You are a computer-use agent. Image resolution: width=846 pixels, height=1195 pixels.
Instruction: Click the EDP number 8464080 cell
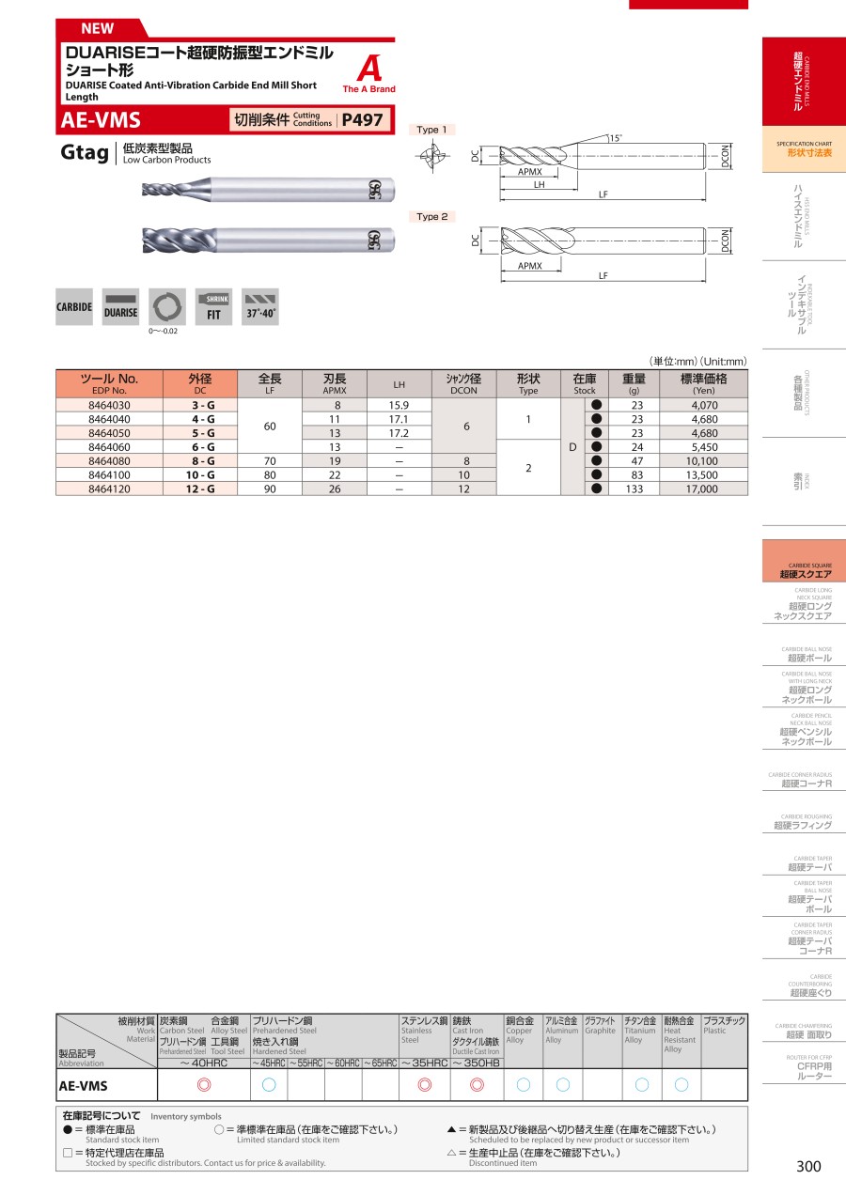pos(109,461)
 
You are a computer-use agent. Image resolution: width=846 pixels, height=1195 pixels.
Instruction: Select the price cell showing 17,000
pos(703,489)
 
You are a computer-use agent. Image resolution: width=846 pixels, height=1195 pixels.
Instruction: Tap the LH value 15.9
pos(399,406)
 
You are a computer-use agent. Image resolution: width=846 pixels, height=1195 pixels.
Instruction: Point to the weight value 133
pos(634,489)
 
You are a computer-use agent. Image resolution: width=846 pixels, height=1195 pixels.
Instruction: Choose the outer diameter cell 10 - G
pos(200,474)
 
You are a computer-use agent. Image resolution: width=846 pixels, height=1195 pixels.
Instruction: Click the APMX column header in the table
pos(335,384)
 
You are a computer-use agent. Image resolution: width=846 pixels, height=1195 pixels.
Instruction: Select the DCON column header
pos(463,384)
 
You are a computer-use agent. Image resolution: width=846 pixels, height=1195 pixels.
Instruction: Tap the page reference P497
pos(363,120)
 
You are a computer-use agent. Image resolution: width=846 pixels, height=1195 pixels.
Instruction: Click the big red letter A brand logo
pos(369,69)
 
